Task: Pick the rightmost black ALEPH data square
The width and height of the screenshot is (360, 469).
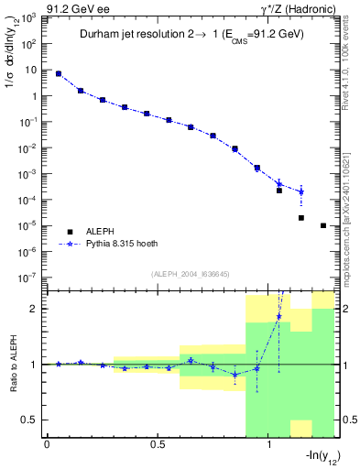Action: (x=323, y=225)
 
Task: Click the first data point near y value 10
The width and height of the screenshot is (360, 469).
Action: (x=59, y=73)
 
